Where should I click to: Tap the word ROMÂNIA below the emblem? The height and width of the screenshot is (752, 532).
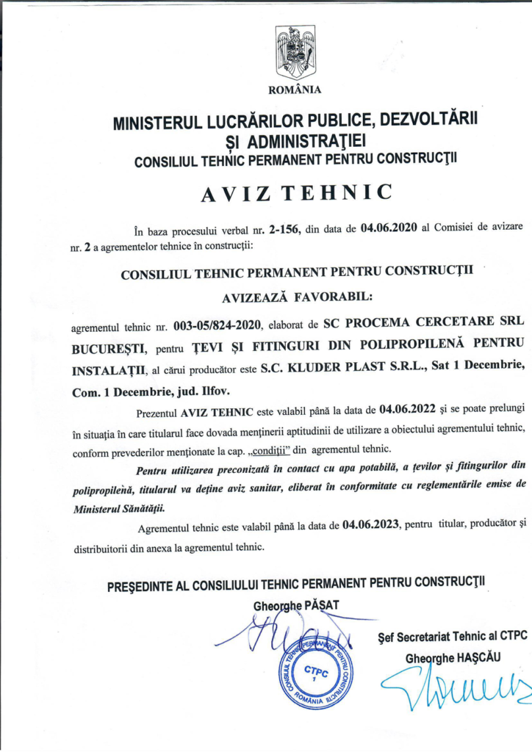click(x=295, y=90)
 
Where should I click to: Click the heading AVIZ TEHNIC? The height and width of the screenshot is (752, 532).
click(x=295, y=192)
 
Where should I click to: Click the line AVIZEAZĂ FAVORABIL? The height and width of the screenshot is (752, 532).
click(x=297, y=297)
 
